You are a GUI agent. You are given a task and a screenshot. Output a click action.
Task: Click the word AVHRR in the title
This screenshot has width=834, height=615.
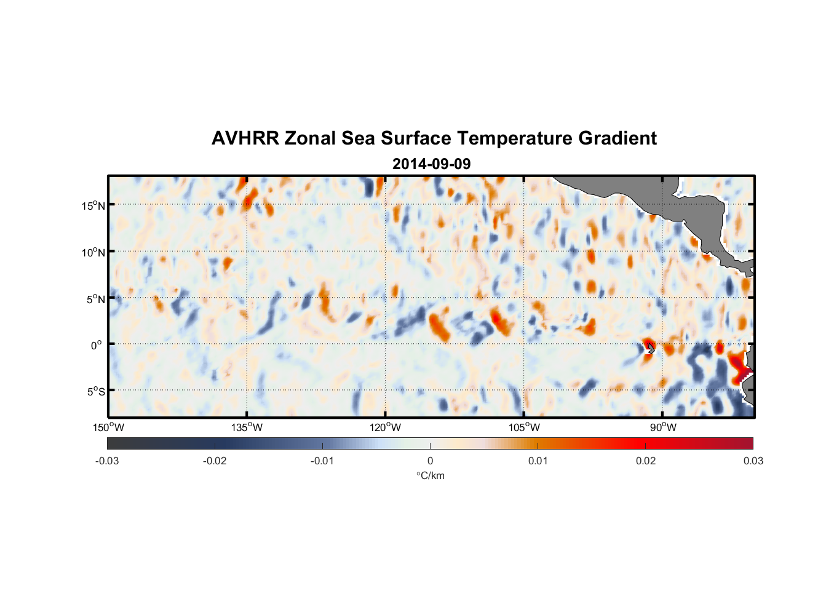(x=245, y=138)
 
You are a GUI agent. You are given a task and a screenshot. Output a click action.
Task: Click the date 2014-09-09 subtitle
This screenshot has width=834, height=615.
(x=431, y=164)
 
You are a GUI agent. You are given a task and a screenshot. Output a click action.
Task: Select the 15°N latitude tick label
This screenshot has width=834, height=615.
(x=93, y=205)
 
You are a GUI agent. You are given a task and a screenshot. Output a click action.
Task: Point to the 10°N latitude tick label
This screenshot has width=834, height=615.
(x=93, y=252)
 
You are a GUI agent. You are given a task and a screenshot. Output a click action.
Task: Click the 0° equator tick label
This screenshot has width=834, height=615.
(x=97, y=346)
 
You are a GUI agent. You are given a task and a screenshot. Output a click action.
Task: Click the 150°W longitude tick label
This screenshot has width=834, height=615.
(x=108, y=427)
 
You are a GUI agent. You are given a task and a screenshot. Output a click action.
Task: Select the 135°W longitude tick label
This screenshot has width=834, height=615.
(x=247, y=427)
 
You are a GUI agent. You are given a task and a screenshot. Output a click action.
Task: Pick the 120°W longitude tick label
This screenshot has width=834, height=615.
(x=385, y=427)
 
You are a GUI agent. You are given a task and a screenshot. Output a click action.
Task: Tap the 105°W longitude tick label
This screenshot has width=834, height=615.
(x=524, y=427)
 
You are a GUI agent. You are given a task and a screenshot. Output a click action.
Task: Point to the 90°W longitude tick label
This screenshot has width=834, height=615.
(x=663, y=427)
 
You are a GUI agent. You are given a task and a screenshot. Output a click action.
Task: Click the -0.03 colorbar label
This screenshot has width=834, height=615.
(x=107, y=461)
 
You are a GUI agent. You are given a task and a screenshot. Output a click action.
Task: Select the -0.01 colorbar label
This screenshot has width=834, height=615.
(x=322, y=461)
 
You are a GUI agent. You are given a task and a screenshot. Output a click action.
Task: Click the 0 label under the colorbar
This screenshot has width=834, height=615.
(x=430, y=461)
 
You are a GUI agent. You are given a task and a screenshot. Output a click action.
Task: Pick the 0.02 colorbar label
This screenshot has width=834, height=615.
(x=646, y=461)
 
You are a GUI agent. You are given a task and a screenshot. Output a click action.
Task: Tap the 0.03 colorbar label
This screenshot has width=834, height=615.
(x=753, y=461)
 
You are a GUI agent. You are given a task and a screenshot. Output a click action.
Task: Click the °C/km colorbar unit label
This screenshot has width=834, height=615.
(x=430, y=475)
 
